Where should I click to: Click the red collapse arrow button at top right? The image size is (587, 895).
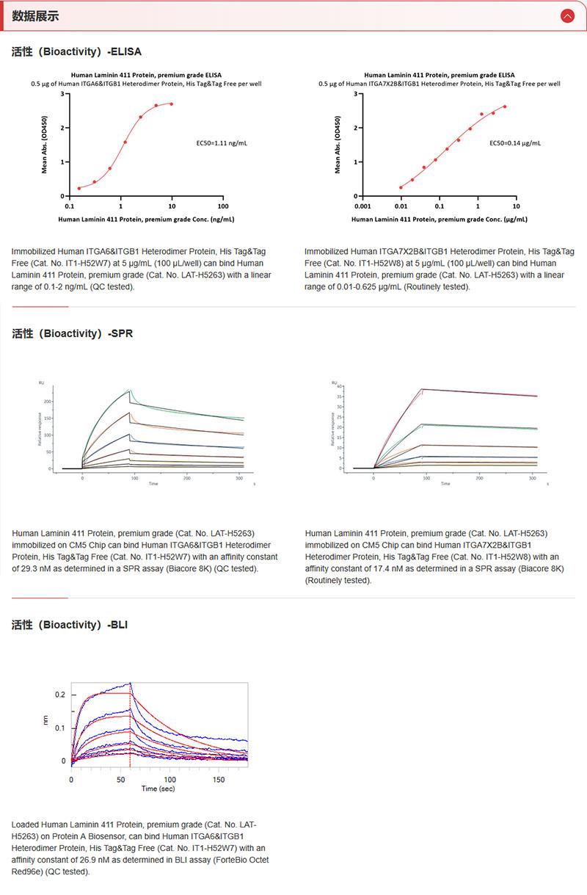567,15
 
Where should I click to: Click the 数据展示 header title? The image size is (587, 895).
36,16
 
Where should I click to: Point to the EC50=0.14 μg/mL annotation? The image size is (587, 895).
515,142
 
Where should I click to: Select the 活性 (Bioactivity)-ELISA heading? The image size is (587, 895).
76,52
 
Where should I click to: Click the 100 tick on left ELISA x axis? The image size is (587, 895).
223,206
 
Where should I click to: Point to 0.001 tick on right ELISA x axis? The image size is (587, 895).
362,206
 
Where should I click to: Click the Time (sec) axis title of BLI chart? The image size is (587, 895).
158,789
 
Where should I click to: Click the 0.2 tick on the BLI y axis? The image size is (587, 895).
60,695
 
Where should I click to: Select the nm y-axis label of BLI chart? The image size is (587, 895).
46,722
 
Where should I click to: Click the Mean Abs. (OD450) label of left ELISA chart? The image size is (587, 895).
45,145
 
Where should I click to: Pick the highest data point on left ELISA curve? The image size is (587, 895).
172,104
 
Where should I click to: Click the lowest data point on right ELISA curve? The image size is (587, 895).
401,187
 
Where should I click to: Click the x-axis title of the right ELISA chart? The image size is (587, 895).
439,219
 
